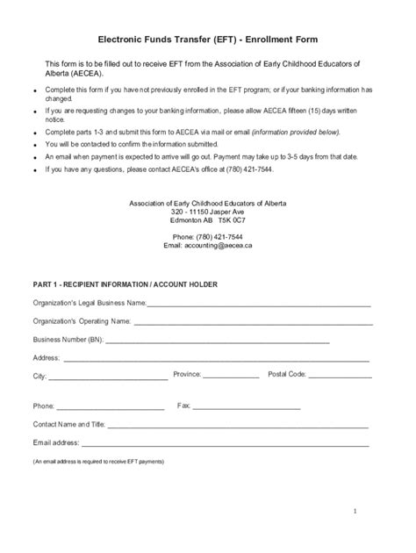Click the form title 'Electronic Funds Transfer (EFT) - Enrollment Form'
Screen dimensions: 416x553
[x=207, y=39]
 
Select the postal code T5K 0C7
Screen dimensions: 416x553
[x=232, y=220]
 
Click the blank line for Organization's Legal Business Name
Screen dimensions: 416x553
[x=258, y=304]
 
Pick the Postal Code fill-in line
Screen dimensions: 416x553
[x=340, y=376]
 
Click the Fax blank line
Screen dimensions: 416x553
[x=247, y=407]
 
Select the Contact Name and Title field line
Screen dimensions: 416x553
[x=237, y=425]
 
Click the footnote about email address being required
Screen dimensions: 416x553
[x=98, y=461]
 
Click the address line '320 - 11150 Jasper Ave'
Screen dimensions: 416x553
[x=208, y=212]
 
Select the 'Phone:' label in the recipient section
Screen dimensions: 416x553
[x=44, y=407]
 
